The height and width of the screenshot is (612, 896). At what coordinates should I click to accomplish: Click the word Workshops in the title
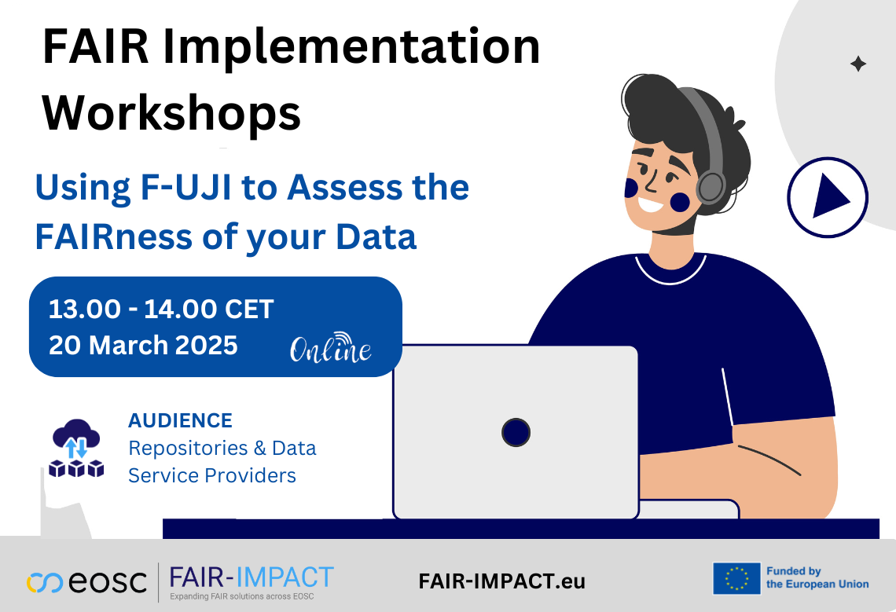point(171,112)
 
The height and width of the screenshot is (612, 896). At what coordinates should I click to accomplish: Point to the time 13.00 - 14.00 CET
point(161,309)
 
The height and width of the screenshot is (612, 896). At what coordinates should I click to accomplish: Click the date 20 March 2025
point(143,345)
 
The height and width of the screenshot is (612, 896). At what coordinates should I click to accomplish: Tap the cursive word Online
point(331,350)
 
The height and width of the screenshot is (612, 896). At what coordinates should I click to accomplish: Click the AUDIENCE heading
point(180,420)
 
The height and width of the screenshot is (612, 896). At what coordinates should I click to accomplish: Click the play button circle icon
point(828,197)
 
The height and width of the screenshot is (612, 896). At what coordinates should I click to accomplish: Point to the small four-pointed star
point(858,64)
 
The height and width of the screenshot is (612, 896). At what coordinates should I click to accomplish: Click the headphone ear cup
point(711,186)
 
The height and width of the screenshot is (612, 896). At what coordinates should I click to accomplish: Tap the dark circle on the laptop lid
point(516,432)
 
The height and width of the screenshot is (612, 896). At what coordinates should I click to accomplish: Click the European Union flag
point(736,578)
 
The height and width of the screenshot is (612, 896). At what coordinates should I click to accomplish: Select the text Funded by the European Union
point(817,578)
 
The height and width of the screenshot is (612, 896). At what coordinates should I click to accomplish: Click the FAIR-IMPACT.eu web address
point(502,582)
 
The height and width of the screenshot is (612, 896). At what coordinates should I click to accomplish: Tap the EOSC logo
point(86,582)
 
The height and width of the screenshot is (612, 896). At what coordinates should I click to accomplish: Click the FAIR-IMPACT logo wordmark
point(252,577)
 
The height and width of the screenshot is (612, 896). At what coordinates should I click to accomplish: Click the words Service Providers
point(212,475)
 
